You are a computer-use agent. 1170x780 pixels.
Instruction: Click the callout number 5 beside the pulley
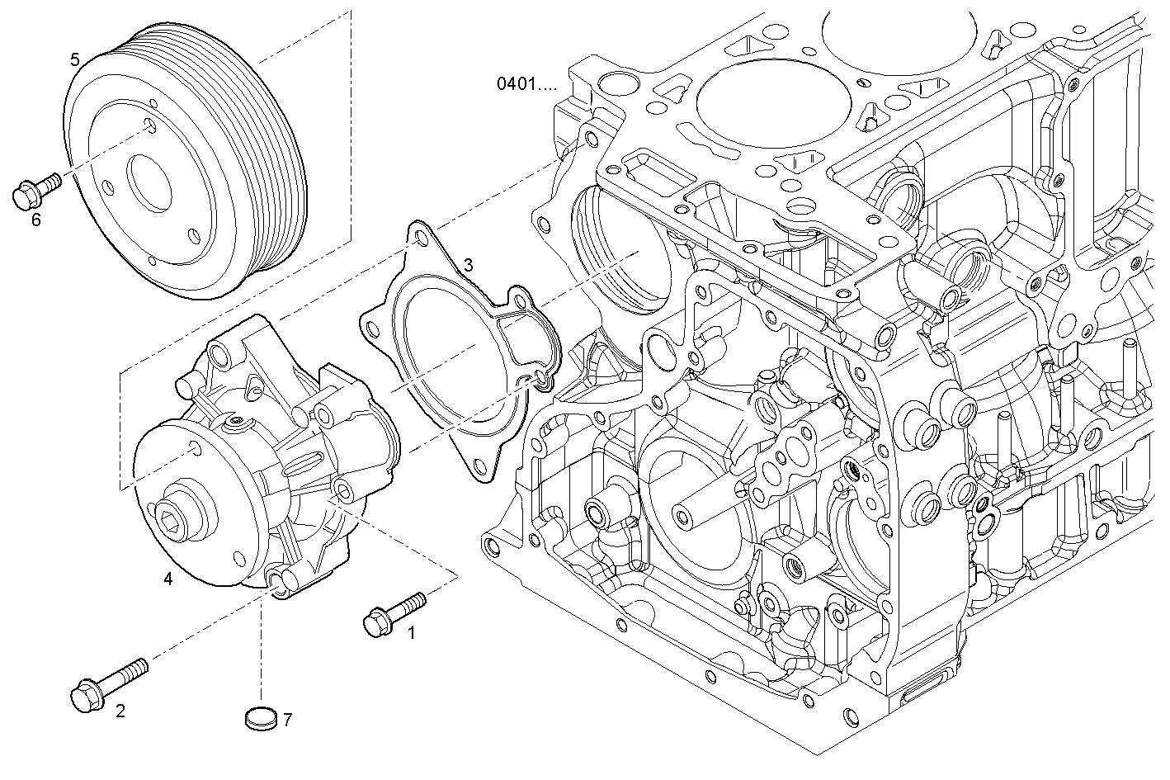[x=75, y=59]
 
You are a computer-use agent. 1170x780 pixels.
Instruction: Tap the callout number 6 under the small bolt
[x=35, y=220]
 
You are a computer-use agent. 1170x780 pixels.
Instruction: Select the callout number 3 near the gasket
[x=468, y=264]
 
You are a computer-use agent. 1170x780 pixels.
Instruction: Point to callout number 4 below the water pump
[x=168, y=579]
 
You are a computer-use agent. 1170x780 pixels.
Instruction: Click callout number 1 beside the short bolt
[x=412, y=634]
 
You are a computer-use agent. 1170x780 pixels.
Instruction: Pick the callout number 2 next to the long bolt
[x=120, y=711]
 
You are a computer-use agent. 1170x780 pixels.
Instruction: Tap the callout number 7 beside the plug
[x=287, y=720]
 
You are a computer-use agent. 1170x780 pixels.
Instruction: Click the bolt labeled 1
[x=394, y=613]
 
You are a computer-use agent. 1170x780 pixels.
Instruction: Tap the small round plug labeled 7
[x=260, y=718]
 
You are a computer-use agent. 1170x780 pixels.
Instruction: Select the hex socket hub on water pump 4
[x=174, y=518]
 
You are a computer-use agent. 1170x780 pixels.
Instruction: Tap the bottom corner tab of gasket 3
[x=478, y=467]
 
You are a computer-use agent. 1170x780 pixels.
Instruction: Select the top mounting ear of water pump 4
[x=219, y=356]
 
